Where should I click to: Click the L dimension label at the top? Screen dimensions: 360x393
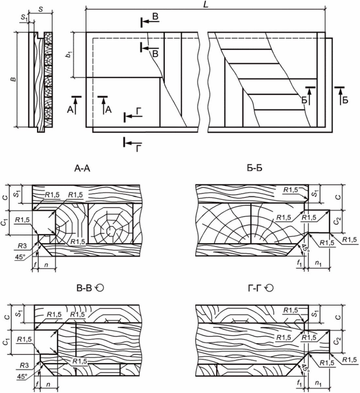tap(205, 5)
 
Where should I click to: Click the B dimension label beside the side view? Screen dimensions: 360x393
tap(14, 79)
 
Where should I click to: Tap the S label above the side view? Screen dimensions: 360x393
tap(41, 9)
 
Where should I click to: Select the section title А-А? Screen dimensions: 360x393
tap(82, 168)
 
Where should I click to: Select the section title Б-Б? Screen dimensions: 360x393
tap(254, 168)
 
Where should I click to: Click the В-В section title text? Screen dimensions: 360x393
tap(84, 288)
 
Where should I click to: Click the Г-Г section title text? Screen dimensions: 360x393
tap(255, 288)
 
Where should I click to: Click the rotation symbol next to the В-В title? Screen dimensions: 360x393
tap(100, 288)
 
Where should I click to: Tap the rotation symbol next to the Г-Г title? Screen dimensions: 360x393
tap(269, 288)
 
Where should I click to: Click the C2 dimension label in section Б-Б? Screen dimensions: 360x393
tap(336, 221)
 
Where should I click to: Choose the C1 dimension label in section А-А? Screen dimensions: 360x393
tap(5, 222)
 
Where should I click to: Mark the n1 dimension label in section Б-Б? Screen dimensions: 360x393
tap(318, 264)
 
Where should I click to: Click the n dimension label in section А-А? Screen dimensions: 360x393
tap(46, 265)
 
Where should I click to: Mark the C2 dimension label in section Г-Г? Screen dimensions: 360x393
tap(336, 341)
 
